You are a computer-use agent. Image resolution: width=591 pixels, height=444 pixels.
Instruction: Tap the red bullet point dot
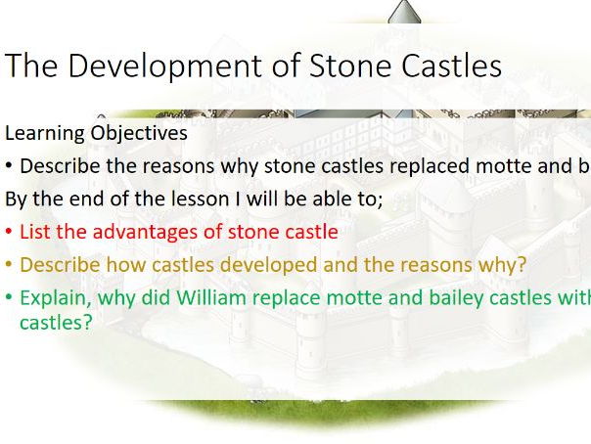coord(9,233)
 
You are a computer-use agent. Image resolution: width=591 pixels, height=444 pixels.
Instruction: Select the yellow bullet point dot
coord(9,265)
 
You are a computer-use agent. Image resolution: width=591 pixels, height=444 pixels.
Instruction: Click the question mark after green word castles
coord(88,321)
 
